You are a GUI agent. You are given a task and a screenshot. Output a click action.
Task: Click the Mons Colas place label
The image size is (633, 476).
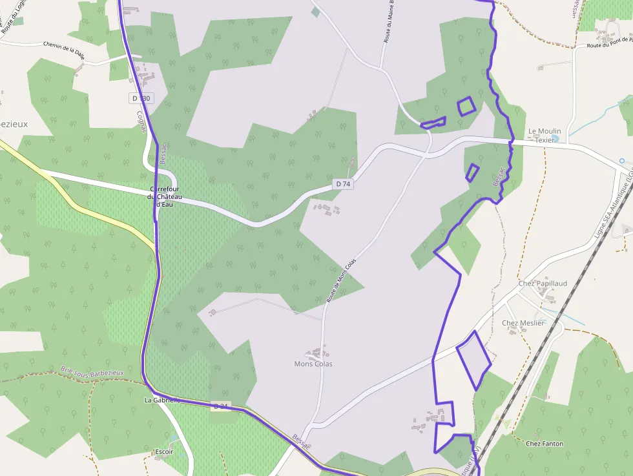pos(313,364)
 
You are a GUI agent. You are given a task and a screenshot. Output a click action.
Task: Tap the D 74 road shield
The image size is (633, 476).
pos(343,184)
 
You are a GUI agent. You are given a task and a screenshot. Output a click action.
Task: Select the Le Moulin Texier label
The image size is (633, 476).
pos(545,135)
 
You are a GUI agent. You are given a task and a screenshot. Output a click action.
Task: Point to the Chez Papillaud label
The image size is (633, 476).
pos(543,284)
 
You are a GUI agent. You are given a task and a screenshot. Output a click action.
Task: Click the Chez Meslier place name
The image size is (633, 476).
pos(523,323)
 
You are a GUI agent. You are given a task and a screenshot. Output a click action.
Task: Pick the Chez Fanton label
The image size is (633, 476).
pos(544,444)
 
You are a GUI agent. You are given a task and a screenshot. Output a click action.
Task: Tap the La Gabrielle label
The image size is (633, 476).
pos(161,400)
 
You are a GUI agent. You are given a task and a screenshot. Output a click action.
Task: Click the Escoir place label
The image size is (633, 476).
pos(164,451)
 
